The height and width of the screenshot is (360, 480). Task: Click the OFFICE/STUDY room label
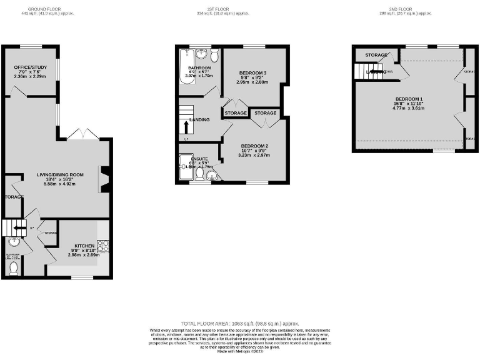point(29,69)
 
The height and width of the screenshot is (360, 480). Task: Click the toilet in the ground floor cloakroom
point(14,268)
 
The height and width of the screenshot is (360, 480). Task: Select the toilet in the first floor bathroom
point(214,57)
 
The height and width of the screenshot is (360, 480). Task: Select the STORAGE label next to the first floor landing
point(236,113)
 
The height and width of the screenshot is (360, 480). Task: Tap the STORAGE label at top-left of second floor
point(376,55)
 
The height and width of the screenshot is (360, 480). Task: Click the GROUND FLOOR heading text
point(46,9)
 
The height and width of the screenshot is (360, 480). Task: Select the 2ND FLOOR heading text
point(406,9)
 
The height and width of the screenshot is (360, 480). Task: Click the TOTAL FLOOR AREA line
point(239,324)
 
